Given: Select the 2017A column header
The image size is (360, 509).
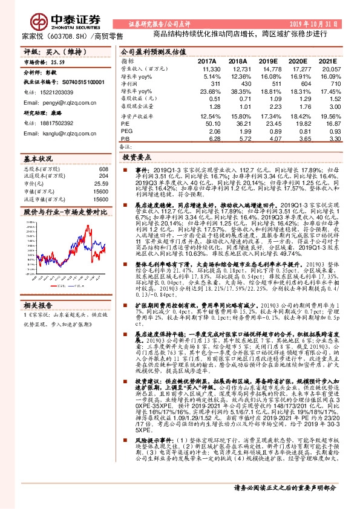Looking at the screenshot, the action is click(x=207, y=61).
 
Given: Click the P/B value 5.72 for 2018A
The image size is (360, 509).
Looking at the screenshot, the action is click(x=240, y=139).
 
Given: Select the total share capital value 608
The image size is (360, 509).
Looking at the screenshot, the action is click(x=103, y=169).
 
